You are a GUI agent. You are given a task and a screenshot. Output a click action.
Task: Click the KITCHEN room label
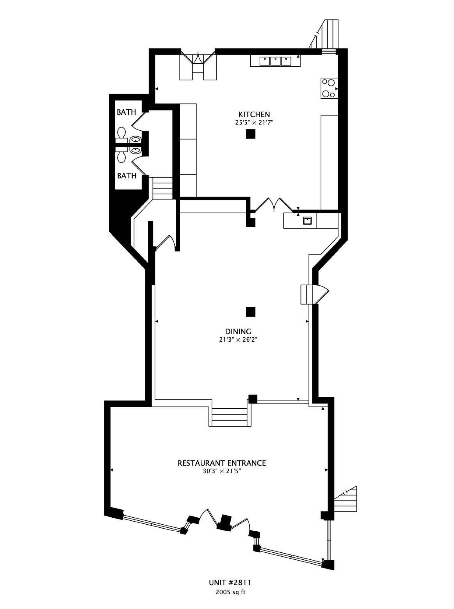[x=254, y=114]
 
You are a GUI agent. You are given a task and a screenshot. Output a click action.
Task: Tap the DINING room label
[x=238, y=331]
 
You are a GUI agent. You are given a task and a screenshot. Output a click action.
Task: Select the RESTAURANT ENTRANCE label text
[x=222, y=463]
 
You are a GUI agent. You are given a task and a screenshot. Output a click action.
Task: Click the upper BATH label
[x=126, y=112]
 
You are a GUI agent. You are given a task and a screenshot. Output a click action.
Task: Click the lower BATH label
[x=127, y=176]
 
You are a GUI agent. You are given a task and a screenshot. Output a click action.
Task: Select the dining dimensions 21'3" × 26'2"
[x=238, y=340]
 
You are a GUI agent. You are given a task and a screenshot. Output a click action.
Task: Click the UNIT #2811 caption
[x=230, y=583]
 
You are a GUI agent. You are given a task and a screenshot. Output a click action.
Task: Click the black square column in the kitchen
[x=250, y=134]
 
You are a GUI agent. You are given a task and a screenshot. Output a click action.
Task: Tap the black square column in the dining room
[x=250, y=312]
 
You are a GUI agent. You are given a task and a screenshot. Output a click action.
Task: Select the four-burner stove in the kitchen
[x=329, y=88]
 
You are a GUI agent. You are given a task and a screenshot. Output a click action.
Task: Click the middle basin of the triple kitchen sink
[x=275, y=61]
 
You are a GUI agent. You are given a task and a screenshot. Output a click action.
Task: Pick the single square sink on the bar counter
[x=308, y=220]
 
